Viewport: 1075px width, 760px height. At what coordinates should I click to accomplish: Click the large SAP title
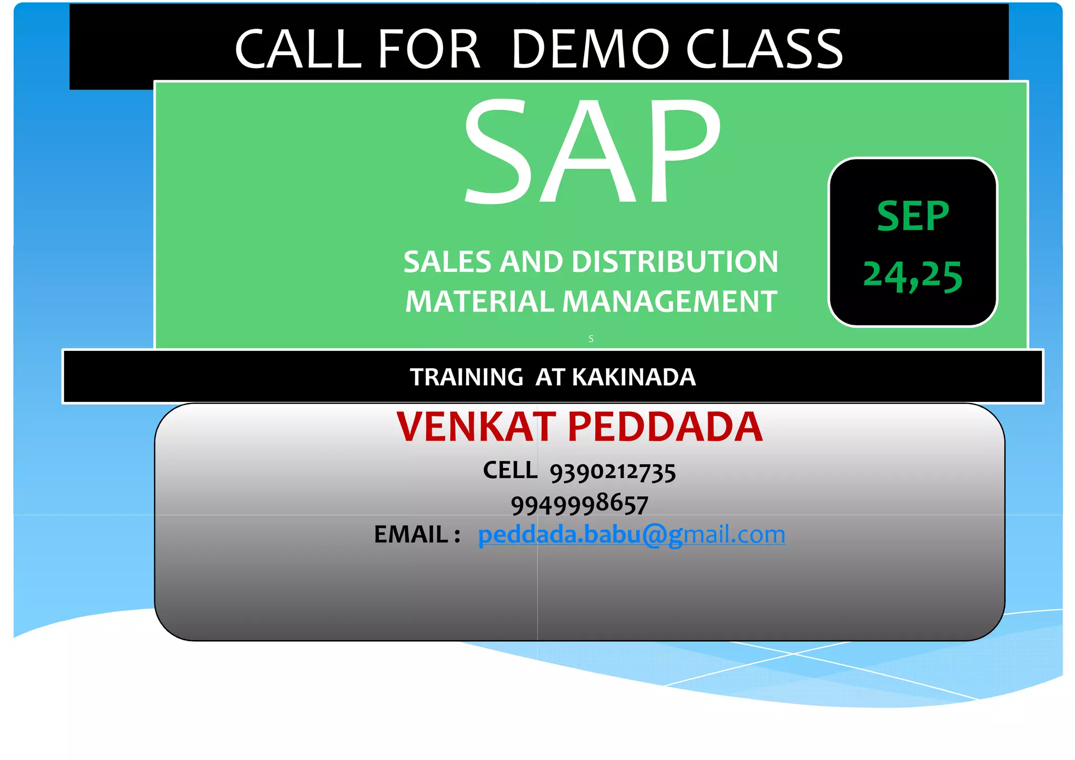point(592,152)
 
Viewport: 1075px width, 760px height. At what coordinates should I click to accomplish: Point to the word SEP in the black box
point(913,216)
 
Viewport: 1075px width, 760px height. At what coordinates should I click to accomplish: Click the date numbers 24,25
point(913,276)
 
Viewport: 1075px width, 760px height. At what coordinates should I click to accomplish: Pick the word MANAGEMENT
point(670,301)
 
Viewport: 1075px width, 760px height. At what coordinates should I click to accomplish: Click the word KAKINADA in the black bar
point(634,377)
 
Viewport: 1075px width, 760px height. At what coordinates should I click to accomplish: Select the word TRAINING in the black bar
point(466,377)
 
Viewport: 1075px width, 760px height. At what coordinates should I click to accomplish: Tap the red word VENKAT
point(476,426)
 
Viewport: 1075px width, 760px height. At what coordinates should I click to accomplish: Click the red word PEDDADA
point(665,426)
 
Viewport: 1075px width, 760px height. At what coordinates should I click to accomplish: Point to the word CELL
point(510,470)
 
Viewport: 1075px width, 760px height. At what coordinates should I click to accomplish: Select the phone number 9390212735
point(613,472)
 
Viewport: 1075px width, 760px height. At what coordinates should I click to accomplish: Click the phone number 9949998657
point(579,505)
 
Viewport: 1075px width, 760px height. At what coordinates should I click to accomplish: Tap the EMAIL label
point(411,535)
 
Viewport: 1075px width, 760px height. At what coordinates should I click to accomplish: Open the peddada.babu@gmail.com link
point(631,535)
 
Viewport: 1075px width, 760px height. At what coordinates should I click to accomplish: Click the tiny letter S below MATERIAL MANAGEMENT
point(591,339)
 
